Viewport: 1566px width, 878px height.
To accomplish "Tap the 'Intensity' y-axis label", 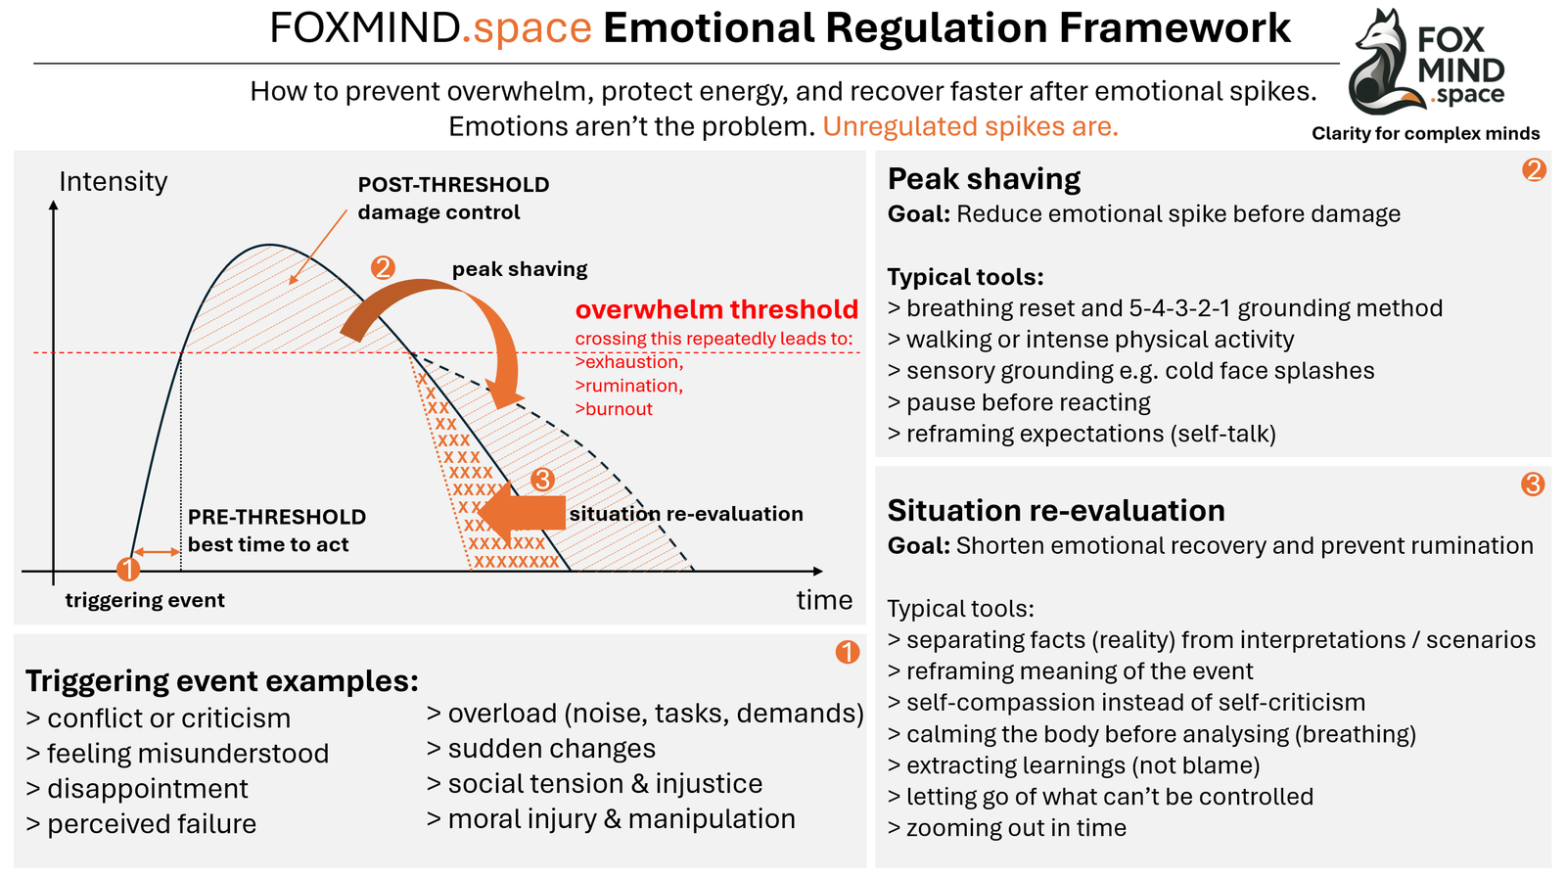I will (113, 182).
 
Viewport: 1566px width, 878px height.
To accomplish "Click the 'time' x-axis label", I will (824, 600).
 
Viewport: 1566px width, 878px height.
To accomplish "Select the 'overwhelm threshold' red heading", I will (716, 310).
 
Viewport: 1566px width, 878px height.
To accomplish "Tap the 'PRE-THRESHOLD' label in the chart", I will (277, 517).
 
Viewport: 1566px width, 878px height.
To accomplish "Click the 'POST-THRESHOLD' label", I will (453, 185).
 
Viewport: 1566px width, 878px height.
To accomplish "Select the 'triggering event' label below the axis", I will (145, 600).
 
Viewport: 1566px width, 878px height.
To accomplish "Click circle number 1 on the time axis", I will (128, 569).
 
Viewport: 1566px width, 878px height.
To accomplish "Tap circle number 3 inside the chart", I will (542, 480).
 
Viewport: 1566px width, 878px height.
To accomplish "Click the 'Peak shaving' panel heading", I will (984, 179).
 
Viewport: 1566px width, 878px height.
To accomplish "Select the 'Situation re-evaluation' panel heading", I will (1056, 511).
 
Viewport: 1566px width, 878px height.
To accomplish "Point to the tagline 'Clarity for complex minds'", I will (1425, 134).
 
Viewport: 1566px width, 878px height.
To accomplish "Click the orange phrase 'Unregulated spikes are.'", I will (970, 127).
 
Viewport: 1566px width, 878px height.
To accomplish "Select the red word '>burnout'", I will (614, 409).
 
